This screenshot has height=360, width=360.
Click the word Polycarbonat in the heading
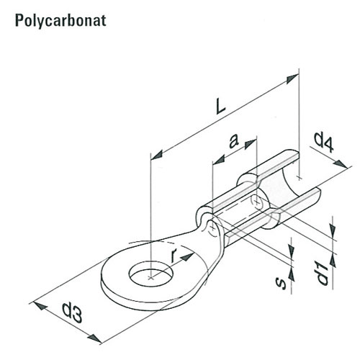click(60, 21)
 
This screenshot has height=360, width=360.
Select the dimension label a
click(233, 141)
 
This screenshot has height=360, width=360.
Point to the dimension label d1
click(322, 273)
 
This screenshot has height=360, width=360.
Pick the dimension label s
click(281, 283)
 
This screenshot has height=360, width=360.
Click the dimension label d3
click(72, 312)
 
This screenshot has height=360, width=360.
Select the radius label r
click(174, 255)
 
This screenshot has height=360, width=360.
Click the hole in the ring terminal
click(151, 275)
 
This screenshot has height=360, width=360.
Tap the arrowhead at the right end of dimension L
click(292, 78)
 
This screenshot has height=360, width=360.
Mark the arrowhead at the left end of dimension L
click(157, 155)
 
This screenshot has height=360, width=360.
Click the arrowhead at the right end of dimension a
click(251, 144)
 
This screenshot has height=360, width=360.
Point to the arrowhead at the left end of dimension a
click(219, 160)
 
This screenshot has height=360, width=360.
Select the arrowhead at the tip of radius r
click(187, 256)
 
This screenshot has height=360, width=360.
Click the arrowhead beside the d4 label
click(341, 164)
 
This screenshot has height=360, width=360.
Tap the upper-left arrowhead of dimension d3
click(40, 305)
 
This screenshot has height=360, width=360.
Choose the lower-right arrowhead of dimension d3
click(94, 338)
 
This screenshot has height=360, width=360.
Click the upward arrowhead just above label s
click(291, 274)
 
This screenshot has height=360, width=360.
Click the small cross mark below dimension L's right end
click(299, 178)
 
